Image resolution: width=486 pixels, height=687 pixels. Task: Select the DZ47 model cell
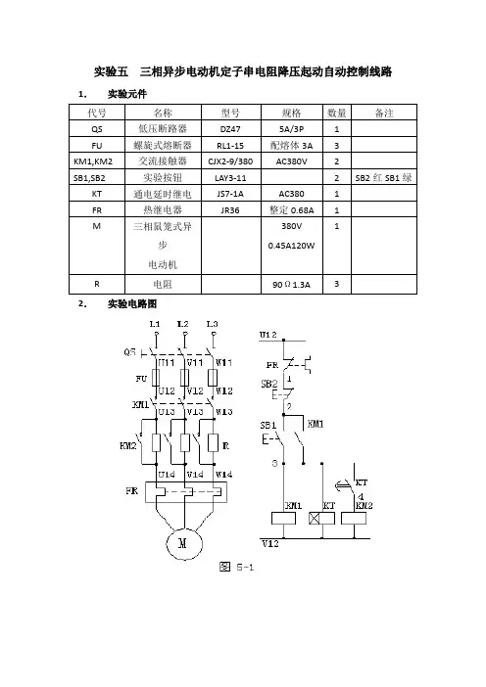coord(230,129)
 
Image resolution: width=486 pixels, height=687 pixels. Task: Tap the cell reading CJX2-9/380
coord(230,161)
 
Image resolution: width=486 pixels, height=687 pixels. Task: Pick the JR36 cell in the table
coord(230,209)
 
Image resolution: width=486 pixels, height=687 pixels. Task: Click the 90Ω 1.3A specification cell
coord(292,285)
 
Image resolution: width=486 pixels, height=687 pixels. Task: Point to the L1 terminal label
coord(155,324)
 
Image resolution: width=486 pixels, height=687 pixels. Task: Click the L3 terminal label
coord(213,324)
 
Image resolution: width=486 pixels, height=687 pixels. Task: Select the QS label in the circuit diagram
coord(130,352)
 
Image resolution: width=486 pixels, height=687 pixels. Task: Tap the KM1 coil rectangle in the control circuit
coord(284,519)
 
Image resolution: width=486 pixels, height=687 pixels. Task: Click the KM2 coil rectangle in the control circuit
coord(354,519)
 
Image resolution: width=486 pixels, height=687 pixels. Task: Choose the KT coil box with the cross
coord(322,519)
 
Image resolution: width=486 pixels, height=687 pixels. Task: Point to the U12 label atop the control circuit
coord(268,335)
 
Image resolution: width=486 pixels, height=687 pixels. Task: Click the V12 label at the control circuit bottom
coord(270,544)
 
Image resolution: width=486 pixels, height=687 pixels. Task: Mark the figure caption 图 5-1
coord(236,567)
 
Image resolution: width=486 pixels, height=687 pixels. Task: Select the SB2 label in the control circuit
coord(269,385)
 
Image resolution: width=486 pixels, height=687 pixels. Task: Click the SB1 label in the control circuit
coord(268,426)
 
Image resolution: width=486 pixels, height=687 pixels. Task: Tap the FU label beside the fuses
coord(141,378)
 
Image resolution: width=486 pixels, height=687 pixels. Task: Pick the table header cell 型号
coord(230,114)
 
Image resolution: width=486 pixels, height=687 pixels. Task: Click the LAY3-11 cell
coord(230,177)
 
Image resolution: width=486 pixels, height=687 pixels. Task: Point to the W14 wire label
coord(223,475)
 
